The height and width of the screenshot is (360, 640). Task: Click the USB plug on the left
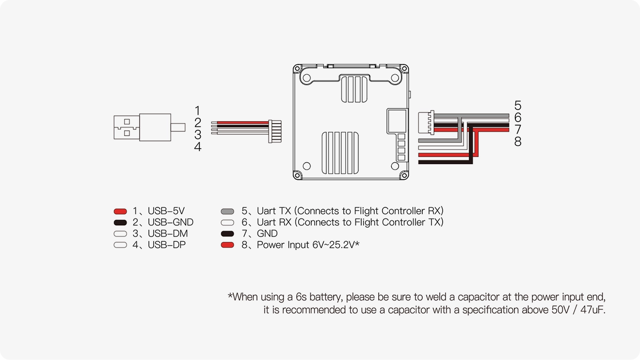pyautogui.click(x=143, y=127)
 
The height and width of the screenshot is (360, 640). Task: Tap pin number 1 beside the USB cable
pyautogui.click(x=197, y=110)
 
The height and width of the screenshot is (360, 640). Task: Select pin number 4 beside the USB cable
pyautogui.click(x=197, y=147)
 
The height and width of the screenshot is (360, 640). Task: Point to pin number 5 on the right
pyautogui.click(x=518, y=106)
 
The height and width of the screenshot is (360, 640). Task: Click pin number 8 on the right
pyautogui.click(x=518, y=142)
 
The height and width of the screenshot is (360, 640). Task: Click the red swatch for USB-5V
pyautogui.click(x=120, y=211)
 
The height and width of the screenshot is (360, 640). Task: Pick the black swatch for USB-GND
pyautogui.click(x=120, y=222)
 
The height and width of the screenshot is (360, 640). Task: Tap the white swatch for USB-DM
pyautogui.click(x=120, y=234)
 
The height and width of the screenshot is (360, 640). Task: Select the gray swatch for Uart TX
pyautogui.click(x=227, y=211)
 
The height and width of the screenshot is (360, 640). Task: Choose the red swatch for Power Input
pyautogui.click(x=227, y=245)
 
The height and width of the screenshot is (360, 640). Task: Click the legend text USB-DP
pyautogui.click(x=167, y=245)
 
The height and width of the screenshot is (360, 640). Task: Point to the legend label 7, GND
pyautogui.click(x=260, y=234)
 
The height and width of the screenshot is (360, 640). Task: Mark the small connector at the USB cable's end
pyautogui.click(x=276, y=131)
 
